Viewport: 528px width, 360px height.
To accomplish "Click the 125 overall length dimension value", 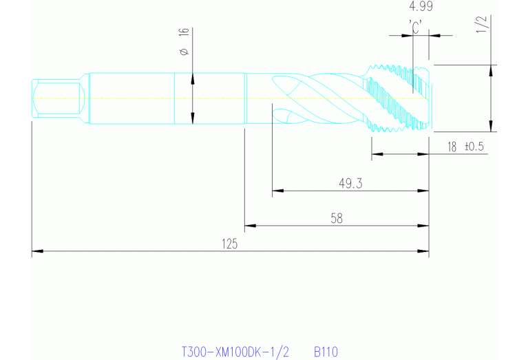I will (230, 244).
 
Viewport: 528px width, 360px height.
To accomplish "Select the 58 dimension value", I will (337, 218).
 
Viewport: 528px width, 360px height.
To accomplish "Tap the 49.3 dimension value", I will (350, 183).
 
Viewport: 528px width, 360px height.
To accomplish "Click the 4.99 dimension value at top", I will (421, 7).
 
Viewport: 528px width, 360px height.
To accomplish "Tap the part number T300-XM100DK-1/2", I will (235, 352).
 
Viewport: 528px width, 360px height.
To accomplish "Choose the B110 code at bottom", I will (326, 352).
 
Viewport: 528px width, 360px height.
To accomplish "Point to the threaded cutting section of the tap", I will (399, 98).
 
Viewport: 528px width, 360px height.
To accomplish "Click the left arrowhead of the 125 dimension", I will (36, 252).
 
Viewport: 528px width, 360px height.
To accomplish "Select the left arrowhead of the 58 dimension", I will (250, 225).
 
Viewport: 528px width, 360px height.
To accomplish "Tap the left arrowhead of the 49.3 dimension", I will (277, 189).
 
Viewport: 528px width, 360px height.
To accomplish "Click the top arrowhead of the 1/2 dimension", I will (491, 69).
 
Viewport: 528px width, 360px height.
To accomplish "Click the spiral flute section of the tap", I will (317, 98).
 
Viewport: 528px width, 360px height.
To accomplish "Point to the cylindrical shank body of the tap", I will (165, 98).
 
